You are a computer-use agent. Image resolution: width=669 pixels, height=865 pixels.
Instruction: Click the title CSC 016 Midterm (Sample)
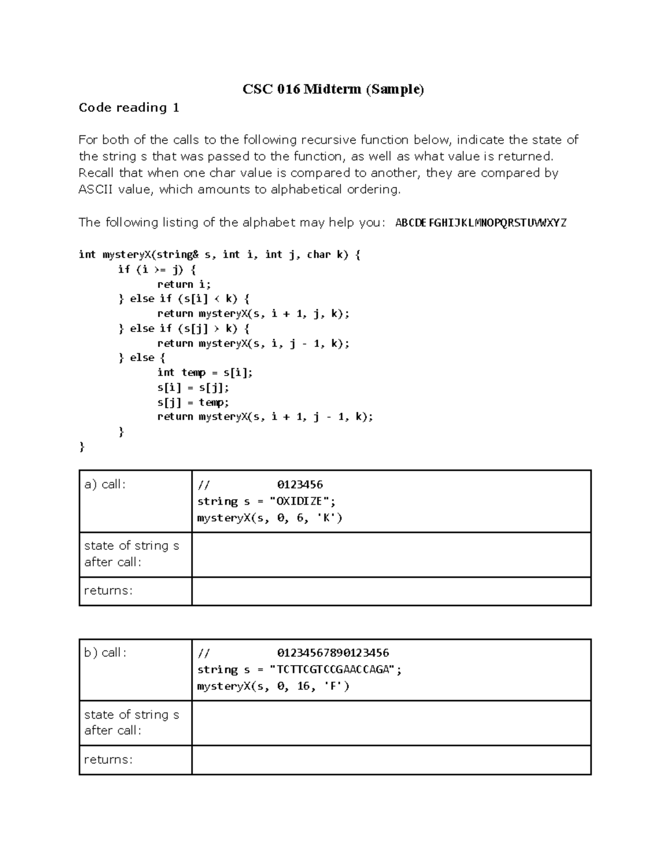coord(333,89)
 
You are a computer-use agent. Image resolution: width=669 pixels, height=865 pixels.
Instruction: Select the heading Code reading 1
coord(129,107)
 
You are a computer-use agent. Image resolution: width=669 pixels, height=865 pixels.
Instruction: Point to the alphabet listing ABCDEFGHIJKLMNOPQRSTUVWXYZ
coord(481,223)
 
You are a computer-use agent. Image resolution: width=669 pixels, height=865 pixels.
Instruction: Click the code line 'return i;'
coord(184,284)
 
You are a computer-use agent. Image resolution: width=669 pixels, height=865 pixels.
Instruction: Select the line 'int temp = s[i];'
coord(205,372)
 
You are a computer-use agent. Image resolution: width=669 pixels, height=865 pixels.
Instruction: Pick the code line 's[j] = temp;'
coord(193,402)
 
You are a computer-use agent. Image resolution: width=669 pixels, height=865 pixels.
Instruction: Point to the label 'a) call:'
coord(105,485)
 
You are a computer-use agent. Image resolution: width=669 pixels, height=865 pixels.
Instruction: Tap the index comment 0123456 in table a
coord(300,485)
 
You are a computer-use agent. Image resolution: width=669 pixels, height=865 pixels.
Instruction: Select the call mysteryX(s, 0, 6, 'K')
coord(269,518)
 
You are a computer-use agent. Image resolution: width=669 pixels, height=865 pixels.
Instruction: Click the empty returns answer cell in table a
coord(391,591)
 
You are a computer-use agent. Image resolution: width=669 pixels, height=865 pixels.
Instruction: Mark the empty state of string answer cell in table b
coord(391,722)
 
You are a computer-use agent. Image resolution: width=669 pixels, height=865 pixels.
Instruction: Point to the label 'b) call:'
coord(105,653)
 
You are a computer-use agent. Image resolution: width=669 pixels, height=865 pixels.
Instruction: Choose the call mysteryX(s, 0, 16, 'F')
coord(273,686)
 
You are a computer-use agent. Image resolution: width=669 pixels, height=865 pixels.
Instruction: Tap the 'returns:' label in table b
coord(108,760)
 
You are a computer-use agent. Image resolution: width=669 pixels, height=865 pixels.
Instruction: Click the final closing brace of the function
coord(82,446)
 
